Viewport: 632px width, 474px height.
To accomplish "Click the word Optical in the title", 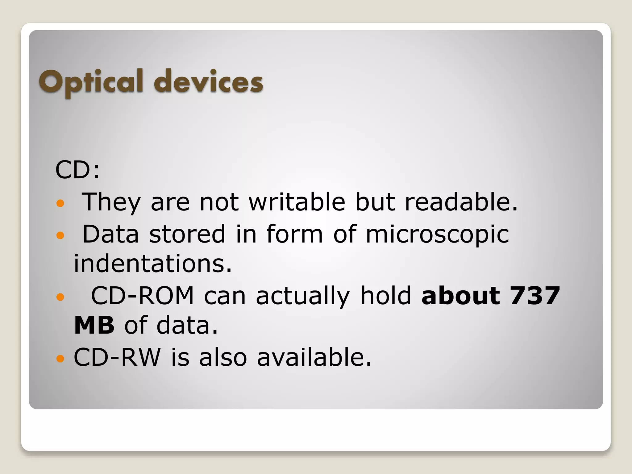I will [x=91, y=82].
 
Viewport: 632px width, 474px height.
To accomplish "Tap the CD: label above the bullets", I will [x=77, y=170].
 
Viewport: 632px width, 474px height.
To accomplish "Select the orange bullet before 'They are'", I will [x=60, y=203].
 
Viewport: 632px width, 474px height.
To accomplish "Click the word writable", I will [x=297, y=202].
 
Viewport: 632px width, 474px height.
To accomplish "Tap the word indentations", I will [x=152, y=264].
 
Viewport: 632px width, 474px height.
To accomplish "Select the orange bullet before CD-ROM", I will [x=60, y=297].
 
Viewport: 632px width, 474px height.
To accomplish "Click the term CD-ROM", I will [x=142, y=296].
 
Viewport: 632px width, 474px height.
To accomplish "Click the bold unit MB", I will [x=94, y=325].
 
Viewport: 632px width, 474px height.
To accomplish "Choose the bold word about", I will [x=460, y=296].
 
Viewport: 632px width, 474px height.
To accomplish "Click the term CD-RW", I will [x=117, y=357].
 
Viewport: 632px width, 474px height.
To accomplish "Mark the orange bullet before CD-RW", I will [x=60, y=359].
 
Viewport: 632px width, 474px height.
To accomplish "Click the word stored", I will [x=187, y=234].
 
